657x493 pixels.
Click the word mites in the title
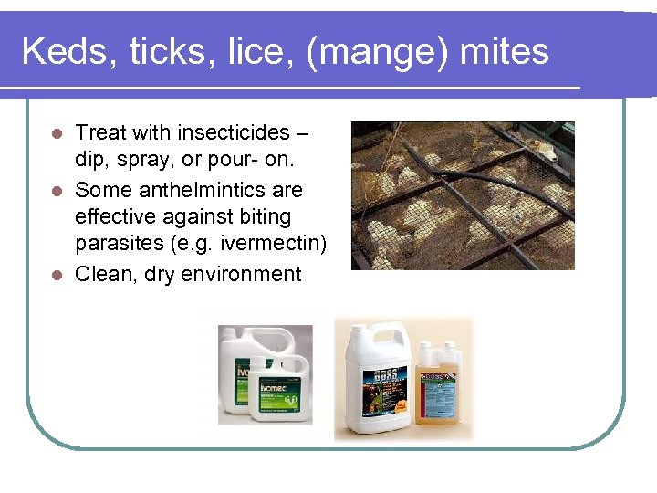tap(505, 51)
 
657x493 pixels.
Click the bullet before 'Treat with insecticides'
tap(56, 133)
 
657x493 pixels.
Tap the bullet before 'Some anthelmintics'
tap(56, 190)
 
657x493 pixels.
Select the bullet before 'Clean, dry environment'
tap(56, 274)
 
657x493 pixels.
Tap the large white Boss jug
tap(377, 383)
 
